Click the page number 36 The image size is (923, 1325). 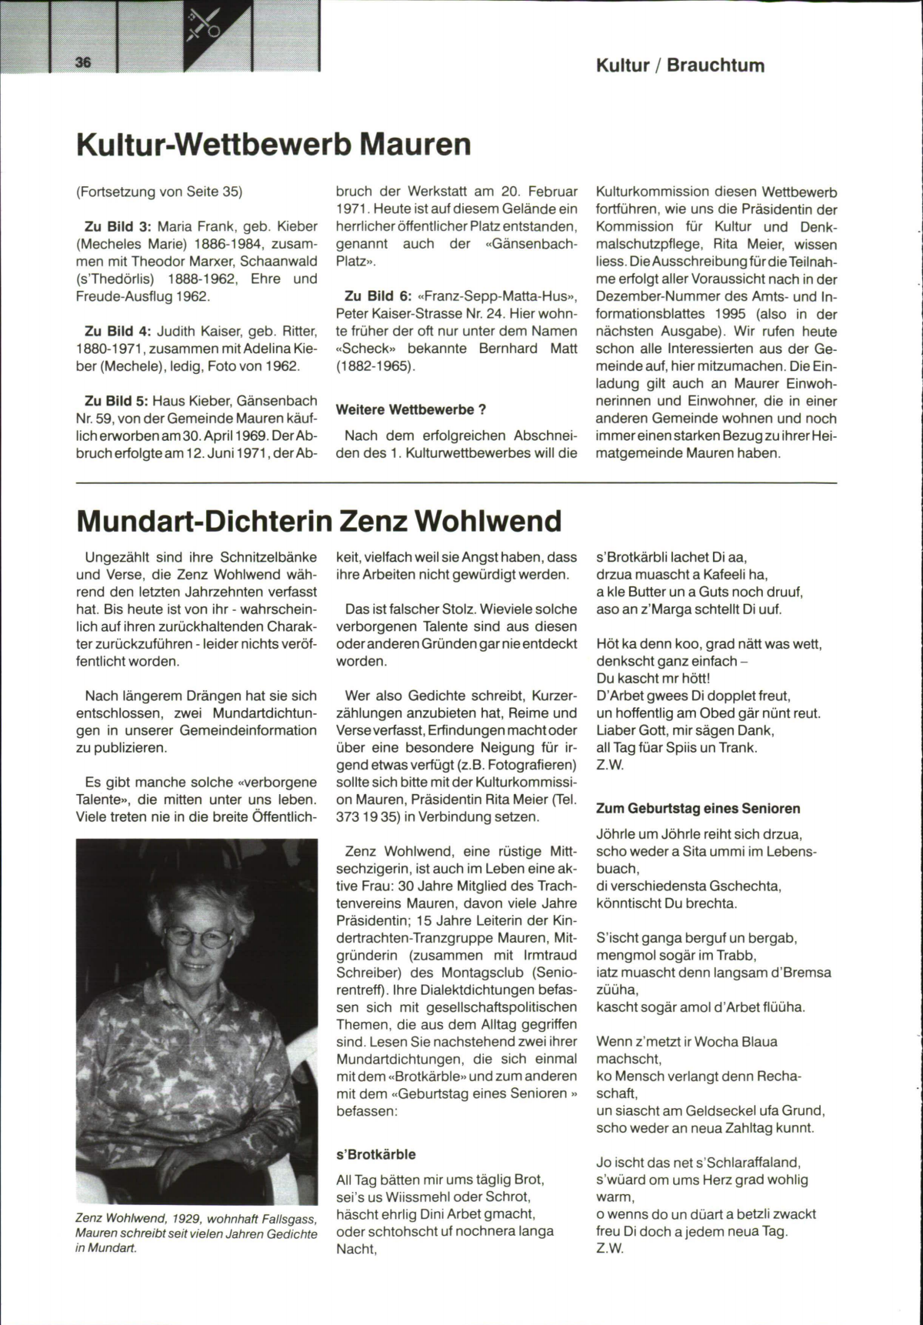(83, 62)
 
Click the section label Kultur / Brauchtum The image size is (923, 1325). (680, 65)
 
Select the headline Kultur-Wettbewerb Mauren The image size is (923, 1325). (274, 145)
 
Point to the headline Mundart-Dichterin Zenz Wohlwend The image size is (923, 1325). (319, 521)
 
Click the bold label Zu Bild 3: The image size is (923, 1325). (118, 227)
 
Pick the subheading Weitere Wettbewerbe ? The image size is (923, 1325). (411, 409)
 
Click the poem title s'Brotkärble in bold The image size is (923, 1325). (375, 1154)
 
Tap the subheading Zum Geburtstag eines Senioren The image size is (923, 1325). (698, 808)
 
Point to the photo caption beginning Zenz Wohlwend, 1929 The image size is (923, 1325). (196, 1233)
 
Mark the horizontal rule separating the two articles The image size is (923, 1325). (456, 483)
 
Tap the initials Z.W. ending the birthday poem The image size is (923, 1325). (610, 1248)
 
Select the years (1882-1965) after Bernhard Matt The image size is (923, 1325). (375, 365)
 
